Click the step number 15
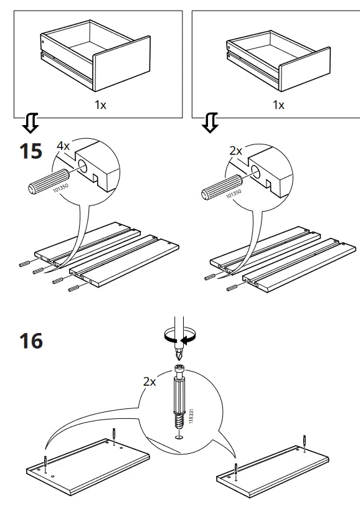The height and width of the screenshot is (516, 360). [31, 151]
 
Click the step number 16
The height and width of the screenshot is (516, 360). [31, 341]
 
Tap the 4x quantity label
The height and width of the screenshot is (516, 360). [64, 146]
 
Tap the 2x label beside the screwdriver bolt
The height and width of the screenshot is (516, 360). [149, 382]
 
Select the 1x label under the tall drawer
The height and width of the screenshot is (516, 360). [100, 105]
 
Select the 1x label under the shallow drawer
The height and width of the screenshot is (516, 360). [278, 105]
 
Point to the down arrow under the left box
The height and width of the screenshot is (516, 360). [30, 124]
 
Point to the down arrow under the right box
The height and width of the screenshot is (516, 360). [211, 124]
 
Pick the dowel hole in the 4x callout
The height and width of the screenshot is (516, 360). [82, 167]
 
